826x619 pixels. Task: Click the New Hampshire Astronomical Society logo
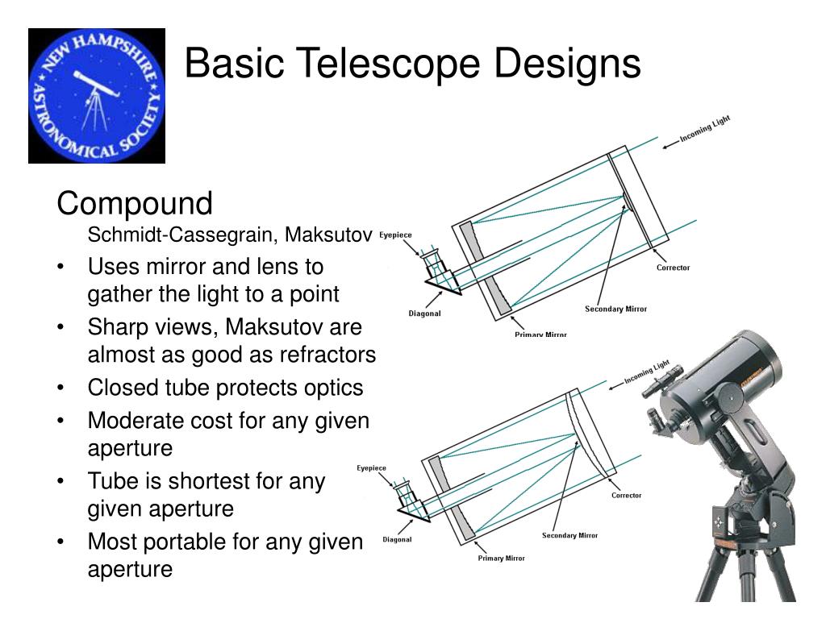pos(97,96)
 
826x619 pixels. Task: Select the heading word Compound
pos(135,204)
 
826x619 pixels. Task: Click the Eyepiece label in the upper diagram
pos(395,235)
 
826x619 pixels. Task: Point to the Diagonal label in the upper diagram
pos(424,314)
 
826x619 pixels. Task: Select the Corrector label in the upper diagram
pos(673,268)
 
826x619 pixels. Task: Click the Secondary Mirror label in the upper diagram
pos(615,309)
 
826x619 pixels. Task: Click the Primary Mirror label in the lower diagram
pos(502,558)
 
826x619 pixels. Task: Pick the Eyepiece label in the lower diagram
pos(371,468)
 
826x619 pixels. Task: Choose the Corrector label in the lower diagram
pos(626,496)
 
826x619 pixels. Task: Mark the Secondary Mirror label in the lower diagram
pos(569,536)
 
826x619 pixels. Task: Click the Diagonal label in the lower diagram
pos(397,540)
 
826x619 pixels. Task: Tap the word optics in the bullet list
pos(338,388)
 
